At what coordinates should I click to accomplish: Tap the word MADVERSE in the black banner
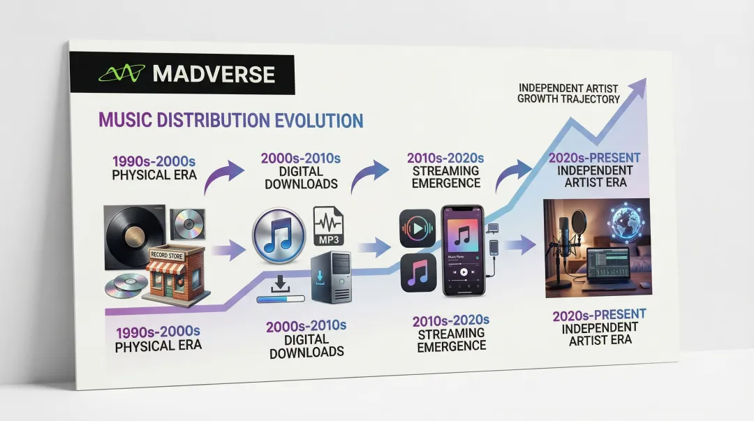(x=213, y=74)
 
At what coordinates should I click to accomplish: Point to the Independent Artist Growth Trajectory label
(x=568, y=94)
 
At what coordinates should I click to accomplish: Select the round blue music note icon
(x=278, y=236)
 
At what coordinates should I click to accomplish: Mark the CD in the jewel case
(x=186, y=222)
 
